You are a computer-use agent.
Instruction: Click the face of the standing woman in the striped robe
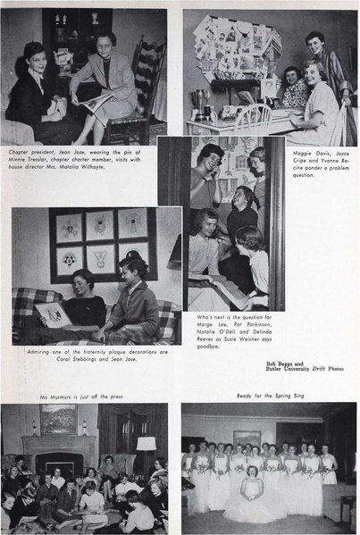[315, 41]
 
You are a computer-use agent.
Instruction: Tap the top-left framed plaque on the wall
[70, 226]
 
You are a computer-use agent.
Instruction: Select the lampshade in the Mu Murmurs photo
[147, 444]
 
